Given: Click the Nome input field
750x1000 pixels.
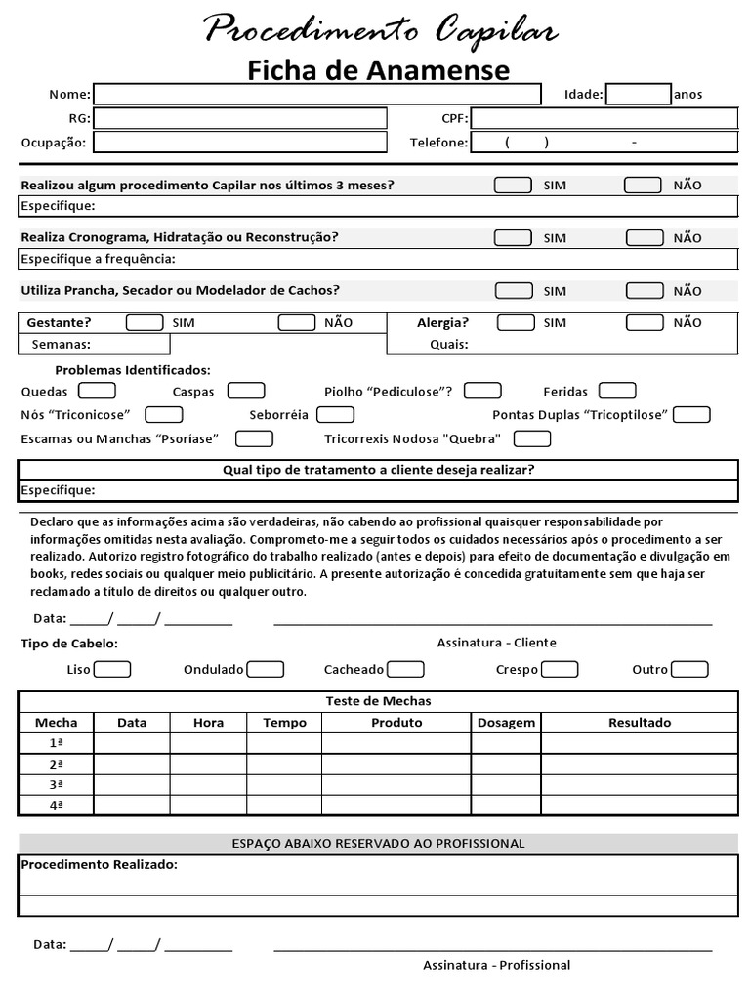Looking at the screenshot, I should [x=316, y=94].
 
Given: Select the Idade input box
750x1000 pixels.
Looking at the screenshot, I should [x=638, y=94].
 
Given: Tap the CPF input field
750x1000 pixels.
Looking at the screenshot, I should [x=604, y=118].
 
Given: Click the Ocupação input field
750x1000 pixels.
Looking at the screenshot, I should [x=239, y=143].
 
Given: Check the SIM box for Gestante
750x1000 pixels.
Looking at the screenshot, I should [x=145, y=322].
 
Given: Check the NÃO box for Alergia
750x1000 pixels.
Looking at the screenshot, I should [x=645, y=322].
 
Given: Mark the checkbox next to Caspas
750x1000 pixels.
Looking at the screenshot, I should [x=246, y=391].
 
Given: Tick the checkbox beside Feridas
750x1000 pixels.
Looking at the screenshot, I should [x=617, y=391].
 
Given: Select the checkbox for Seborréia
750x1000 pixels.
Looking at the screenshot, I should [x=335, y=414].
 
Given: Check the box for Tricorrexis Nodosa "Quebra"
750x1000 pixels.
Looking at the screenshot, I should [x=532, y=438].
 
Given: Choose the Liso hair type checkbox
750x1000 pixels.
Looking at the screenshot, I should [x=112, y=669].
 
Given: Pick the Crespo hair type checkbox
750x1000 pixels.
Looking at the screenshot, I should [x=560, y=669].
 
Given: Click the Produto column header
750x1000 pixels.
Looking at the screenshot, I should [x=396, y=723].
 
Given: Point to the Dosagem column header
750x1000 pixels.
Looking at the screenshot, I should [x=506, y=723].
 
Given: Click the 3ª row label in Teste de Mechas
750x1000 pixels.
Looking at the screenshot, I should [x=57, y=784].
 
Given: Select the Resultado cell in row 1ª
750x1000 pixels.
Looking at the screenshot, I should [x=640, y=743].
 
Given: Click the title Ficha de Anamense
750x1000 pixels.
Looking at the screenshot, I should [x=378, y=70].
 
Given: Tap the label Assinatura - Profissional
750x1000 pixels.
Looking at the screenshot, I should [x=496, y=965].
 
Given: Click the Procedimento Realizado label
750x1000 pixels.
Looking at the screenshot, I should [x=100, y=865].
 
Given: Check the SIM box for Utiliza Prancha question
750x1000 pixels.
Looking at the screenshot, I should [x=514, y=290].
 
